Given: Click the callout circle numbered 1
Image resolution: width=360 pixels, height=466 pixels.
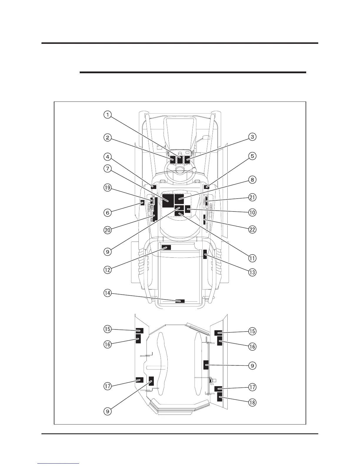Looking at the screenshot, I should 108,114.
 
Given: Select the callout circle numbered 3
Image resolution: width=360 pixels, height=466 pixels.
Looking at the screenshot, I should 252,137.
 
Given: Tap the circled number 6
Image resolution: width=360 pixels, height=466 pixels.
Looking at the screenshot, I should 108,212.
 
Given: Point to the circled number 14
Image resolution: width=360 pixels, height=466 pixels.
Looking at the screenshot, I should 108,293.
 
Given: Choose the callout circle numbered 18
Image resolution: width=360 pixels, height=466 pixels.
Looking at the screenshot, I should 252,402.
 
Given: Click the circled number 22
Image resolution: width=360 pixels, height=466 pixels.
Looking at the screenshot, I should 252,229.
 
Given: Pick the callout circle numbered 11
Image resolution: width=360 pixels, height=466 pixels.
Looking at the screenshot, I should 252,258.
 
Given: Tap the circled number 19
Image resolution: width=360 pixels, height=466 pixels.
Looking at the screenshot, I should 108,188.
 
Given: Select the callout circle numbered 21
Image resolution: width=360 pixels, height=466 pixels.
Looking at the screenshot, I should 252,197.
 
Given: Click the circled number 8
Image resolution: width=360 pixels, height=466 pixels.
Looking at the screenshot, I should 252,179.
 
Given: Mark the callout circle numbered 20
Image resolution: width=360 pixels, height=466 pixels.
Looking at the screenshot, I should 108,230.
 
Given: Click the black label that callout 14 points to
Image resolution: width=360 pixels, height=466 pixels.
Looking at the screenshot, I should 180,301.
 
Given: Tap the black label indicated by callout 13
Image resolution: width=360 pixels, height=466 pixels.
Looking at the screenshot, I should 205,254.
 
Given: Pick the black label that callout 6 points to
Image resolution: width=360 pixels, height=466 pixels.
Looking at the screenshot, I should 142,202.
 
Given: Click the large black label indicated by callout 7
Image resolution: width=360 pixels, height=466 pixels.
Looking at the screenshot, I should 168,201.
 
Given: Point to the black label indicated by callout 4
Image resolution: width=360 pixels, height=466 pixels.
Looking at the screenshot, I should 153,186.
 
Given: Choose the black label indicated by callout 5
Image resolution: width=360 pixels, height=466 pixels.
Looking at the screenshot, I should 206,186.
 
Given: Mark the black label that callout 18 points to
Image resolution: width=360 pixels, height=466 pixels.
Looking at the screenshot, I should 219,398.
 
